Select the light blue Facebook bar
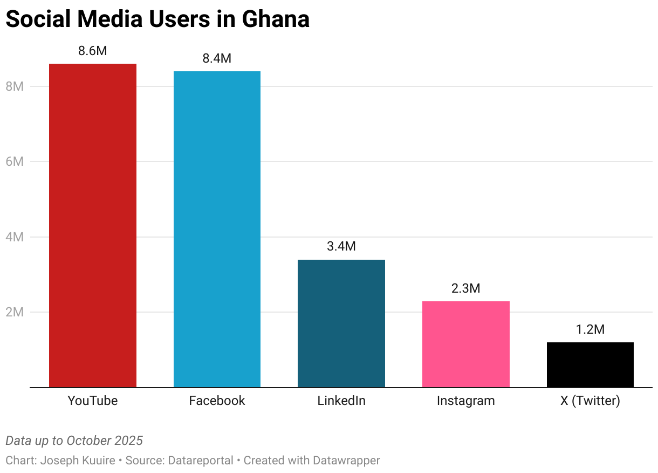(217, 229)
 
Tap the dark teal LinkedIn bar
(341, 323)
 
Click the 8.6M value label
(92, 51)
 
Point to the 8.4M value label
(217, 58)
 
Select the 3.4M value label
(341, 247)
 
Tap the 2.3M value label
(465, 288)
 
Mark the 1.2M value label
(590, 329)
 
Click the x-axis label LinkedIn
(341, 401)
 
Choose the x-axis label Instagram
(465, 401)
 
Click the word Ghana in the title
(276, 19)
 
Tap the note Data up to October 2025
(74, 441)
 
